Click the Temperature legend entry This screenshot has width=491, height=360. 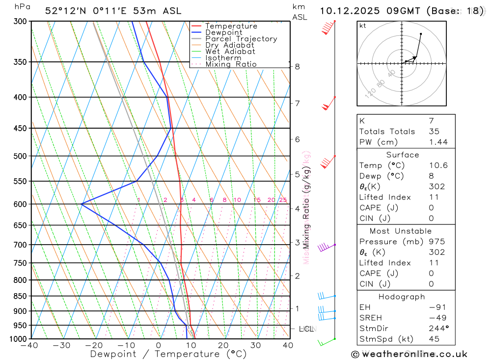pyautogui.click(x=231, y=26)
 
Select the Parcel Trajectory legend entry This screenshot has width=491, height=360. pyautogui.click(x=241, y=39)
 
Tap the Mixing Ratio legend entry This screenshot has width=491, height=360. pyautogui.click(x=231, y=64)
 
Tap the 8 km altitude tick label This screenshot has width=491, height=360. pyautogui.click(x=297, y=66)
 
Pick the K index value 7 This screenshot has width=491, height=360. pyautogui.click(x=431, y=120)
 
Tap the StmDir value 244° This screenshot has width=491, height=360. pyautogui.click(x=438, y=329)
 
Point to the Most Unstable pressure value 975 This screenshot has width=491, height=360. pyautogui.click(x=436, y=242)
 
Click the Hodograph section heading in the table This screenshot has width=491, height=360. pyautogui.click(x=402, y=297)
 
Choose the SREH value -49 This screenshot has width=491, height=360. pyautogui.click(x=436, y=318)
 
